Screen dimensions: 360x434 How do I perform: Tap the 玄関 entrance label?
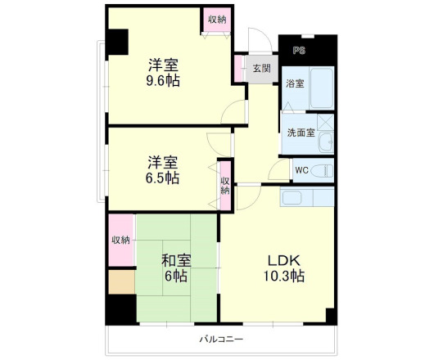[261, 68]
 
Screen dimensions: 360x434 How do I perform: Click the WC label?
[301, 170]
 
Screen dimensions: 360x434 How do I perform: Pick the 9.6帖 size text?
[164, 81]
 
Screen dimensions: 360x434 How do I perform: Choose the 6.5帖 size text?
[163, 178]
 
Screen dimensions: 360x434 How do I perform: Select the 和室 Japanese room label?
[175, 260]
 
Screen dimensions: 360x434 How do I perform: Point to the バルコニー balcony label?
[222, 339]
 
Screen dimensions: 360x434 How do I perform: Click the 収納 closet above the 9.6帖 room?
[216, 20]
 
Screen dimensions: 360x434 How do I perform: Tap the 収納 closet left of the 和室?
[121, 240]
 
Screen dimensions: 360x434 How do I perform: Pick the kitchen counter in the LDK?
[306, 197]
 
